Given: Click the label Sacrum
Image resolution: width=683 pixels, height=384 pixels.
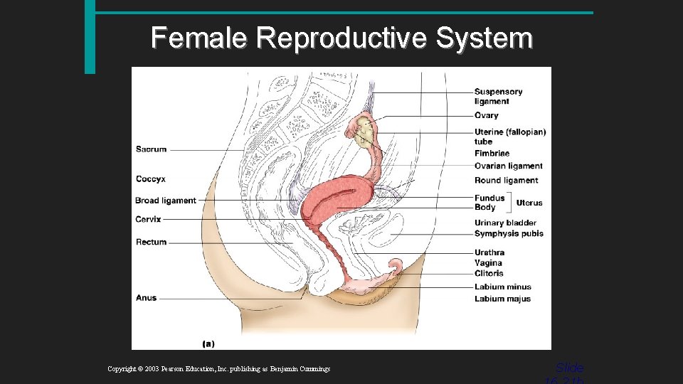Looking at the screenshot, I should (x=151, y=149).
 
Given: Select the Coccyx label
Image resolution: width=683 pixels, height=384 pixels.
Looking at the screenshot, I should (x=151, y=178).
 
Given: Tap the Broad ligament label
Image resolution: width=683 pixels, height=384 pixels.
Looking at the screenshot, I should (x=165, y=201).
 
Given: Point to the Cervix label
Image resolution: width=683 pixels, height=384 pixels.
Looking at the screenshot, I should (x=148, y=220).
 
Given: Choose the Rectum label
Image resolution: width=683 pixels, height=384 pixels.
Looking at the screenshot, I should (x=151, y=242).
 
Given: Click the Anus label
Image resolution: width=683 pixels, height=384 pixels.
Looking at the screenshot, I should (x=146, y=298).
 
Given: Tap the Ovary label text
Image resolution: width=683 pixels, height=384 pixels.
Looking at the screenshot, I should (x=487, y=115).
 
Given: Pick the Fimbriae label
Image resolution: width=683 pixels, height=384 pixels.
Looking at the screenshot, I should (x=492, y=153).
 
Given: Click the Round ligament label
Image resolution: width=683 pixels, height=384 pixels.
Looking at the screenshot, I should (x=506, y=181).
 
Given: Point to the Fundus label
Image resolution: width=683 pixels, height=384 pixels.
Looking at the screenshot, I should (x=489, y=198).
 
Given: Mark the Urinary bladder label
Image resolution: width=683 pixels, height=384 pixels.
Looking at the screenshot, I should (x=505, y=223).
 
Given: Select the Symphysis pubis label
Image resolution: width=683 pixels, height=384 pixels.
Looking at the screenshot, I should (x=509, y=234).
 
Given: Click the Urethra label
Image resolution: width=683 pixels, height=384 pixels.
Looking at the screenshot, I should (x=489, y=252).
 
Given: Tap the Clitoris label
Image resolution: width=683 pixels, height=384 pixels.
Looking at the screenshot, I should (x=489, y=273).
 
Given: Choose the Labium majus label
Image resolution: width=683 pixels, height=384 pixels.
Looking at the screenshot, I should (x=502, y=299).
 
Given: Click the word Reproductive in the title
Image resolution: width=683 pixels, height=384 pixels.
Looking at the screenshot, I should (x=341, y=38).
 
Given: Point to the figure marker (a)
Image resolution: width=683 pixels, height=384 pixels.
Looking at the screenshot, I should (x=208, y=343).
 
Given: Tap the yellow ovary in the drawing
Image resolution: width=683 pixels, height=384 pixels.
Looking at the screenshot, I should (x=365, y=132).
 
